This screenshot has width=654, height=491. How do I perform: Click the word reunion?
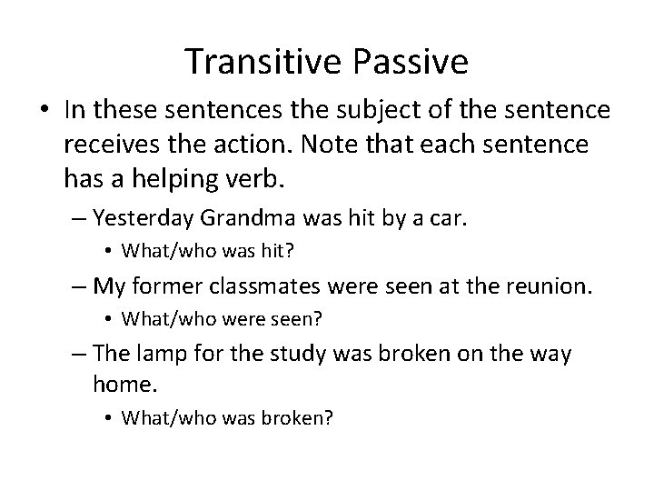pos(548,286)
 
